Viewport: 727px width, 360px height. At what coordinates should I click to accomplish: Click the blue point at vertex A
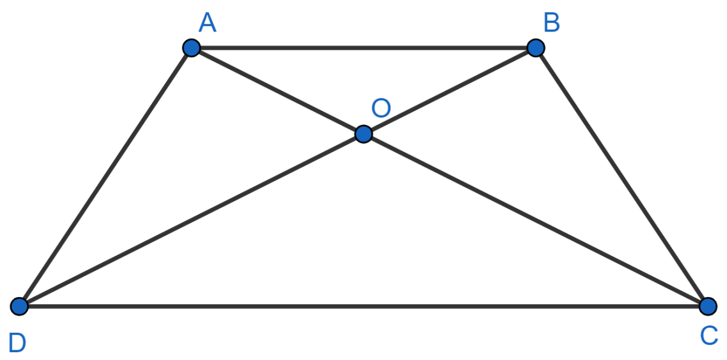click(191, 48)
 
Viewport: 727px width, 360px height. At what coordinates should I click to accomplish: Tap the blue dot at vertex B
click(536, 48)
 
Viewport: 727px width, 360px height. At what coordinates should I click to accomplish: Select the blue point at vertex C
click(708, 306)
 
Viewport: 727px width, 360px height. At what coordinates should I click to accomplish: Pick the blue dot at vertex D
click(19, 306)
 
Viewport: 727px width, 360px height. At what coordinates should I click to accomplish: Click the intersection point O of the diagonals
click(363, 134)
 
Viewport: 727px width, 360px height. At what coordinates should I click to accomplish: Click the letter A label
click(207, 22)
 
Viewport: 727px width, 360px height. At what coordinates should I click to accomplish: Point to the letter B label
click(552, 22)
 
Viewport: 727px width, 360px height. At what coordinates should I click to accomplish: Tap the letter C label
click(709, 336)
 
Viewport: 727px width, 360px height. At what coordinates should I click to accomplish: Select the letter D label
click(17, 343)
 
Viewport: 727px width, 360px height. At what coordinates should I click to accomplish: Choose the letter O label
click(381, 108)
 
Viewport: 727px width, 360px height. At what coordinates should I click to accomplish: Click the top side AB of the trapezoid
click(363, 48)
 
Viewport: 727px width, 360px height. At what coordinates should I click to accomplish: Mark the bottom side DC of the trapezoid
click(363, 306)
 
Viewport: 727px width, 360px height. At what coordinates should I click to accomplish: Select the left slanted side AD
click(105, 177)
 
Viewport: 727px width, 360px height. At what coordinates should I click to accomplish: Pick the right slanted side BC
click(622, 177)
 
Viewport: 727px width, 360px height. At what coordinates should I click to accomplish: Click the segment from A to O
click(277, 91)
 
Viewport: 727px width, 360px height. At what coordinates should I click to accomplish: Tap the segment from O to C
click(536, 220)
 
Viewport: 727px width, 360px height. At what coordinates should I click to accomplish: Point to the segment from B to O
click(450, 91)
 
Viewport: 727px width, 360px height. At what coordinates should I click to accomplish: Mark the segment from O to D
click(191, 220)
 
